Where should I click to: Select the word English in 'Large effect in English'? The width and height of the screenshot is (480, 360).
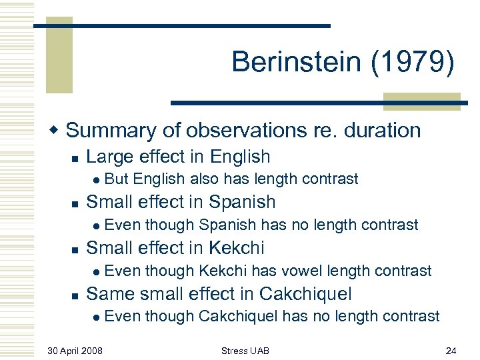click(240, 157)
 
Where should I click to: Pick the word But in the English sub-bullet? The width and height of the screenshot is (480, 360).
click(117, 179)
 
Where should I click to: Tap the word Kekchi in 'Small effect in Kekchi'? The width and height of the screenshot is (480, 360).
click(237, 247)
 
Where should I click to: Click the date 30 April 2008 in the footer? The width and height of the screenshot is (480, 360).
click(75, 350)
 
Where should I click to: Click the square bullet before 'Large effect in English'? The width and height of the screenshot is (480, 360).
click(75, 158)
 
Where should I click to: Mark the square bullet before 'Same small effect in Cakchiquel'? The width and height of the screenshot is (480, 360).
click(75, 295)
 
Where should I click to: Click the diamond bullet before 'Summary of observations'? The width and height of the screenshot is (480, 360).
click(58, 131)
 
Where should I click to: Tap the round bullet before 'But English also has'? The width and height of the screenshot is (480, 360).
click(97, 179)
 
